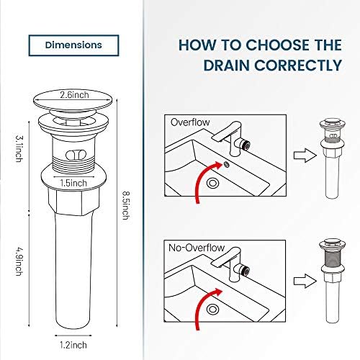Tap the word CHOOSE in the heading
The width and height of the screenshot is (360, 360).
click(x=264, y=45)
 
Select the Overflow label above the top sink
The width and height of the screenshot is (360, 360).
click(x=189, y=122)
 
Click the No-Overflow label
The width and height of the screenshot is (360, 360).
click(x=197, y=248)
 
